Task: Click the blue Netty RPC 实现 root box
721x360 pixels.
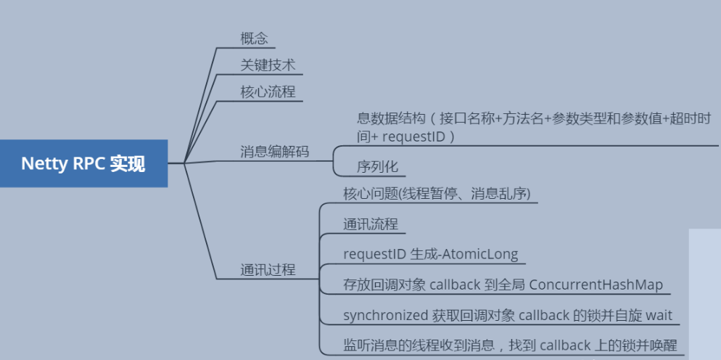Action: coord(83,163)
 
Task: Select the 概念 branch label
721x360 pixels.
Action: coord(254,38)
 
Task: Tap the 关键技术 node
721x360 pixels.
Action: coord(268,65)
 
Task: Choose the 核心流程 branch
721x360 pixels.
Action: coord(268,92)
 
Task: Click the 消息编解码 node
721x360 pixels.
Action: coord(275,152)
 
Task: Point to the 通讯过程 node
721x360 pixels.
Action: coord(268,269)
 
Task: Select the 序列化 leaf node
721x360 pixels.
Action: coord(377,166)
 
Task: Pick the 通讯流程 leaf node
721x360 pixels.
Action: coord(370,224)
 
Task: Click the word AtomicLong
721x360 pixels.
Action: coord(484,254)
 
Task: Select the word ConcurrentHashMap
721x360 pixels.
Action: coord(596,285)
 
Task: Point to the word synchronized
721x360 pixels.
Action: coord(385,316)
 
